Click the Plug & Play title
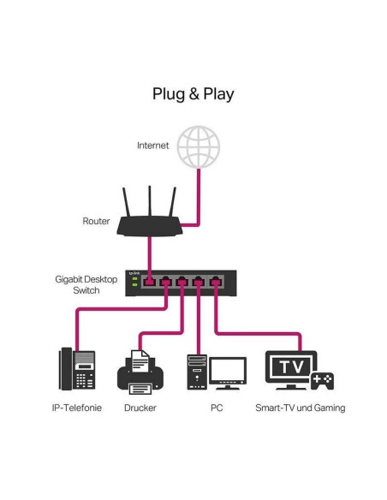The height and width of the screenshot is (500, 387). pyautogui.click(x=193, y=93)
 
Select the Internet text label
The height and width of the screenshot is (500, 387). pyautogui.click(x=153, y=146)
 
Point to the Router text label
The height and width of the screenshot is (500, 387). pyautogui.click(x=96, y=221)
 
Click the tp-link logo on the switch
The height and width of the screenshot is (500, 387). pyautogui.click(x=134, y=272)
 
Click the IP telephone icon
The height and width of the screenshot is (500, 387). pyautogui.click(x=75, y=369)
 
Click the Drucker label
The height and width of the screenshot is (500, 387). pyautogui.click(x=140, y=408)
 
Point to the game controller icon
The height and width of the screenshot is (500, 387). pyautogui.click(x=322, y=380)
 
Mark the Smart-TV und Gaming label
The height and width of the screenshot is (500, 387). pyautogui.click(x=300, y=408)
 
